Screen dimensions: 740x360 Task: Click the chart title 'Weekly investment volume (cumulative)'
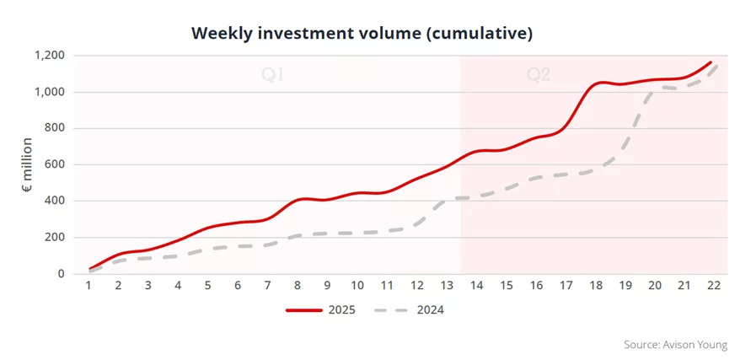click(362, 34)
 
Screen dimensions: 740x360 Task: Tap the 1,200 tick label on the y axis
click(50, 56)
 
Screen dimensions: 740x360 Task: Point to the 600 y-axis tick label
click(56, 164)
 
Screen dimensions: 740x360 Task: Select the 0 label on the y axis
click(61, 274)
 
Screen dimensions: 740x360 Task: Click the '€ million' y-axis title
click(27, 164)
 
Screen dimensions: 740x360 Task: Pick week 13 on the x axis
click(447, 286)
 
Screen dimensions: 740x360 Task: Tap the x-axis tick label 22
click(714, 286)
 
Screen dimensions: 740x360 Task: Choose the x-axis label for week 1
click(88, 286)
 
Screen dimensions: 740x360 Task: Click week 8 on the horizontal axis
click(298, 286)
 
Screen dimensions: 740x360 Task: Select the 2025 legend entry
click(320, 310)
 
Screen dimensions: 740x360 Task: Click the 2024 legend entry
click(409, 310)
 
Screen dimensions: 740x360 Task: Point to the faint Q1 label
click(273, 75)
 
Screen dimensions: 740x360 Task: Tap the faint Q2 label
click(539, 75)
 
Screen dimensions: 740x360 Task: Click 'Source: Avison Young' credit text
click(676, 345)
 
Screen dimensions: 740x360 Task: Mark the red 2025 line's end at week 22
click(711, 62)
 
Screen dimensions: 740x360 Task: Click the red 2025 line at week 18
click(595, 83)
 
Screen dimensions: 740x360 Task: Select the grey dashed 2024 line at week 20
click(655, 89)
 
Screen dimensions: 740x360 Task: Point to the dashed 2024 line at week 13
click(447, 199)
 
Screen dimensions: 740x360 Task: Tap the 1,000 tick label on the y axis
click(50, 92)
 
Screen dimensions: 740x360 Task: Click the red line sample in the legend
click(304, 310)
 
